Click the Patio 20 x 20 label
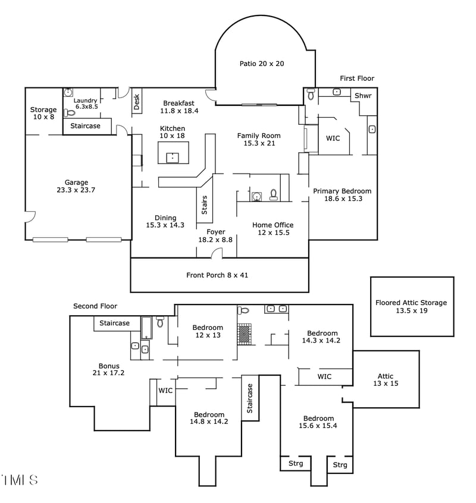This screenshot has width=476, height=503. (261, 64)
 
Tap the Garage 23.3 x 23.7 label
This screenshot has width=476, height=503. (76, 187)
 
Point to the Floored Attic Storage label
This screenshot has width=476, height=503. (411, 307)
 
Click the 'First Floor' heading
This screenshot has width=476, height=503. (357, 78)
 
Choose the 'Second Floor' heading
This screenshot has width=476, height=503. (95, 306)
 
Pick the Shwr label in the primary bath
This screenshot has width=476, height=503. (363, 96)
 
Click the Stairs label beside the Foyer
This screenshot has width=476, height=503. (205, 205)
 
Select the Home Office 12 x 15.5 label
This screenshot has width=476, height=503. (273, 229)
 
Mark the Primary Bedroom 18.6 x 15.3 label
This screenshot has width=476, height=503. (342, 195)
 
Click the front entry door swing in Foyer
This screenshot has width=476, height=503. (217, 254)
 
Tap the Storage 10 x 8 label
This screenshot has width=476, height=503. (43, 114)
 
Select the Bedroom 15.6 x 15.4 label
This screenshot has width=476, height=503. (318, 422)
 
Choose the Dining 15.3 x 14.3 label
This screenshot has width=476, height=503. (165, 222)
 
